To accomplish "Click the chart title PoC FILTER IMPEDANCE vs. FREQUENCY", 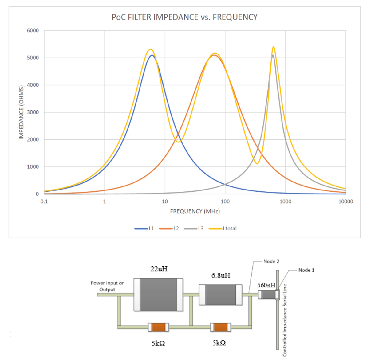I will [x=184, y=17].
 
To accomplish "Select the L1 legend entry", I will [x=144, y=229].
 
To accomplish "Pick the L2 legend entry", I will [x=169, y=229].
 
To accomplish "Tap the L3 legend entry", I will [x=194, y=229].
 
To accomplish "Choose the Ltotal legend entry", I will [x=223, y=229].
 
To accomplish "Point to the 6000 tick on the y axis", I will [x=33, y=30].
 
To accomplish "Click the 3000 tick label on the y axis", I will [x=33, y=112].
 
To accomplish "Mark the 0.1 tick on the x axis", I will [x=44, y=202].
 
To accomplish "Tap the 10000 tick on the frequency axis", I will [x=345, y=202].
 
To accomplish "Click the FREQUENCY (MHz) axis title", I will [x=195, y=211].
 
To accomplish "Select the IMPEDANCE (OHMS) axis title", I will [x=21, y=112].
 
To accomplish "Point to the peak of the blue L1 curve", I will [x=152, y=55].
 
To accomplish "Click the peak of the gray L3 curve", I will [x=273, y=55].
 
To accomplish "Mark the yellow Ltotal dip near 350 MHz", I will [x=257, y=163].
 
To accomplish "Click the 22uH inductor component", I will [x=158, y=295].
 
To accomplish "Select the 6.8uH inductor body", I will [x=220, y=295].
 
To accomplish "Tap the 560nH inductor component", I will [x=268, y=295].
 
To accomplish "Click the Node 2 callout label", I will [x=271, y=262].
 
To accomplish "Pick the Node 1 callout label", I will [x=306, y=270].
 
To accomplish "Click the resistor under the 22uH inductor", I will [x=158, y=327].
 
